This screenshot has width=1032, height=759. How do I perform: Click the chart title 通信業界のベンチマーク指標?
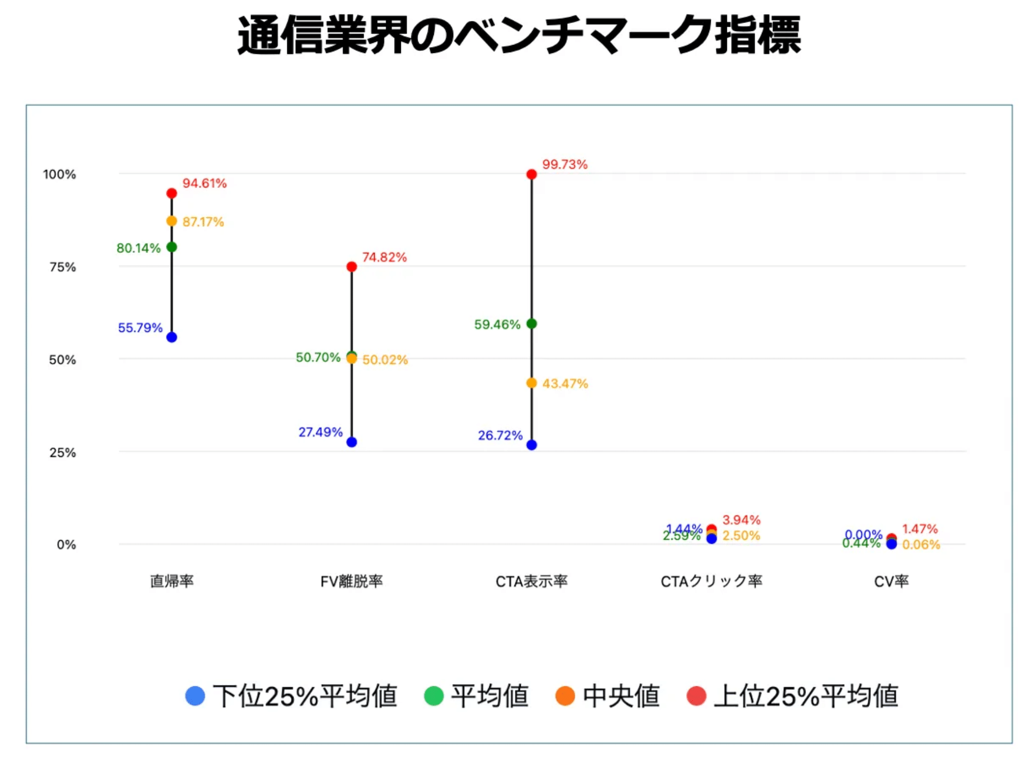[518, 36]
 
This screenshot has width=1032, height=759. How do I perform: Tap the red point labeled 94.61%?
[172, 193]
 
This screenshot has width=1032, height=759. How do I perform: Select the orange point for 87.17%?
[172, 221]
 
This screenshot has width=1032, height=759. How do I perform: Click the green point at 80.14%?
[172, 247]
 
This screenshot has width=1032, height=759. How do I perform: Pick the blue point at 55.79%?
[172, 337]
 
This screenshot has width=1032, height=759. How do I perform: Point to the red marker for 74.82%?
[352, 267]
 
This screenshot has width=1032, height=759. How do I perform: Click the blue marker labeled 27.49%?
[352, 442]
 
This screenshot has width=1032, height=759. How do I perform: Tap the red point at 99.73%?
[532, 174]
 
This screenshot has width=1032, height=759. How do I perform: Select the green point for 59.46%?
[532, 323]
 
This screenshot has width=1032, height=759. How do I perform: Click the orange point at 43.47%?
[532, 383]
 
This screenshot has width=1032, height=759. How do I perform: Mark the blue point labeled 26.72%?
[532, 445]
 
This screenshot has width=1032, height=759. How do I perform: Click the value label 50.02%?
[385, 360]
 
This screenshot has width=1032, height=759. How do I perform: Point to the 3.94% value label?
[742, 520]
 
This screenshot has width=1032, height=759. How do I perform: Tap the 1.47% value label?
[920, 529]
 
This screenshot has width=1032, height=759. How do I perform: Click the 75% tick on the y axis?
[63, 267]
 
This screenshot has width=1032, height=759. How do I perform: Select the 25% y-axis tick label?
[63, 453]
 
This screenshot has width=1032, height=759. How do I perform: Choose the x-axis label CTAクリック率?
[711, 582]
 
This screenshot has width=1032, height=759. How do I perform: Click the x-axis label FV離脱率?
[352, 582]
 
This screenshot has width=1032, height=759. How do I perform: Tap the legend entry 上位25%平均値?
[793, 696]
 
